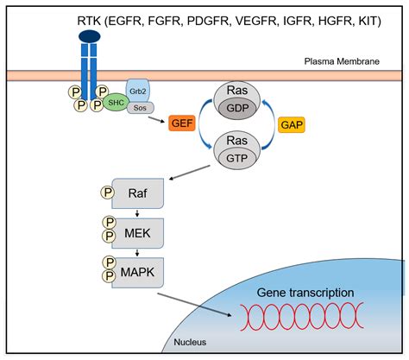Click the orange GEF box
[x=182, y=123]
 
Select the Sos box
[x=142, y=107]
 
